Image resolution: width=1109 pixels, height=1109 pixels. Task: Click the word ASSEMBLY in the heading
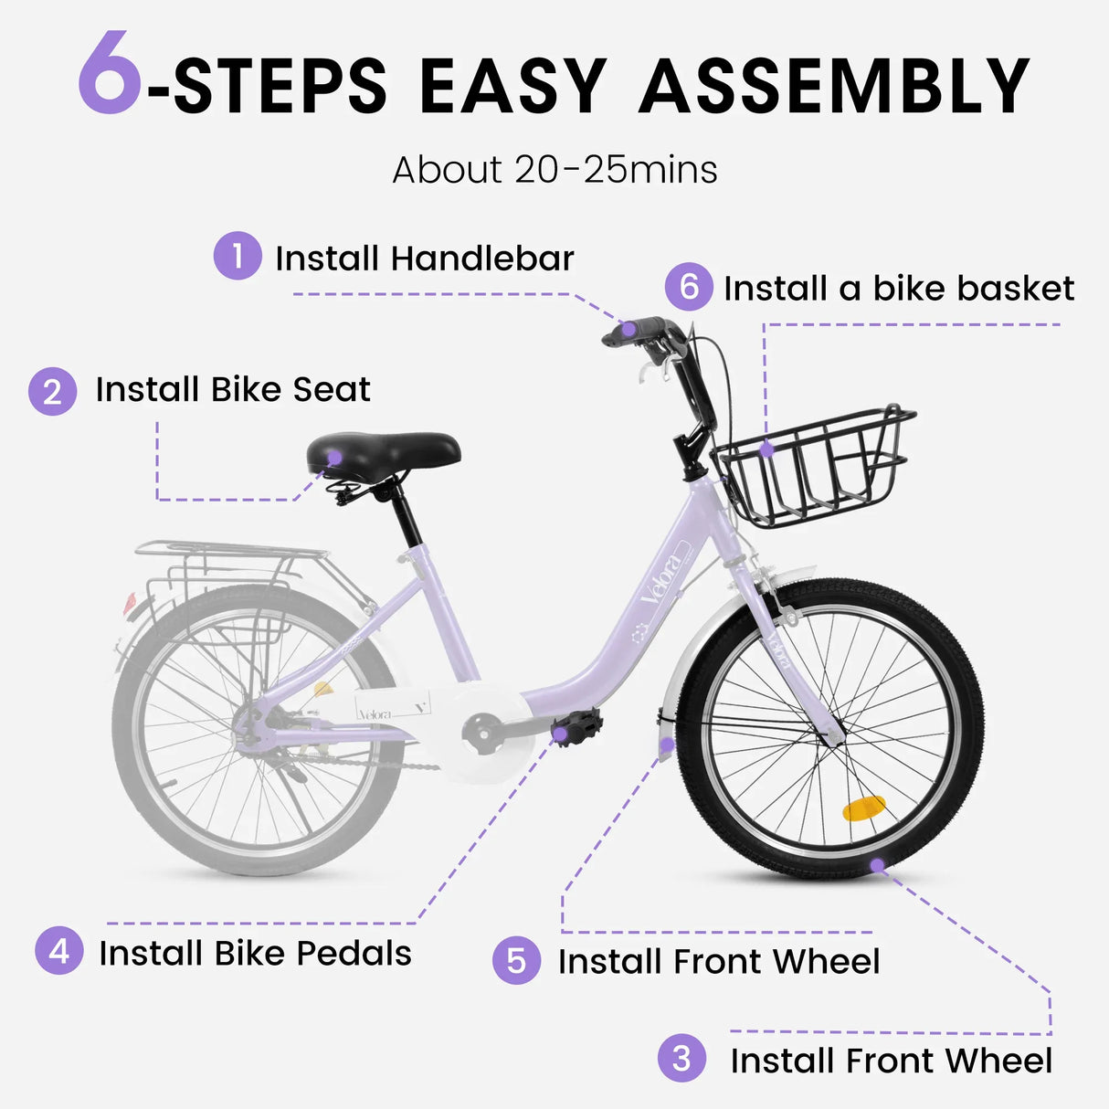[834, 86]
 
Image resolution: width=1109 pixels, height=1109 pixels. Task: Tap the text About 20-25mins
[554, 170]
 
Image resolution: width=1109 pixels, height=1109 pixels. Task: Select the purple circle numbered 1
[238, 256]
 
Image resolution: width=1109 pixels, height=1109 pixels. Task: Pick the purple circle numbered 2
[52, 392]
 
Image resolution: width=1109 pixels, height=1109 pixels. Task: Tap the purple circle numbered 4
[59, 951]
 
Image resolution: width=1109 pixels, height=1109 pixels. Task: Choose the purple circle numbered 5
[516, 960]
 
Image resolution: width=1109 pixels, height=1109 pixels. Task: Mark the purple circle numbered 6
[689, 287]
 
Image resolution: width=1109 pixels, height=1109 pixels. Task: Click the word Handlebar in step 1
[482, 259]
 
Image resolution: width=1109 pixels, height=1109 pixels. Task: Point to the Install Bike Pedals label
[255, 954]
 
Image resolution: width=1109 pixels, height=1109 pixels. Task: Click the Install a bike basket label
[898, 289]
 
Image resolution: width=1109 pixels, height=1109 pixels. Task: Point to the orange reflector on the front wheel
[863, 808]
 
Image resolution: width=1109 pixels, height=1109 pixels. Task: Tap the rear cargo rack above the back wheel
[230, 551]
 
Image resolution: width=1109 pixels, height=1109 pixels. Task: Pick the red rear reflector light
[130, 603]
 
